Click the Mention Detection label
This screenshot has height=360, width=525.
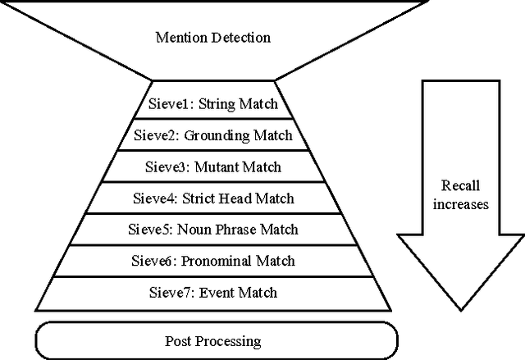pos(213,38)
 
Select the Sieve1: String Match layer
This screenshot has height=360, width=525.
pos(213,104)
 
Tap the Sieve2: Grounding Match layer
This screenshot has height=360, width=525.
pos(213,135)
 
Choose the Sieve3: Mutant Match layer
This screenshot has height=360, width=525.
pos(213,166)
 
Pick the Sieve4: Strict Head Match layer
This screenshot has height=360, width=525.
pos(213,198)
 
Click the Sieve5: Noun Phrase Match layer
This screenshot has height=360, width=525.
pos(213,230)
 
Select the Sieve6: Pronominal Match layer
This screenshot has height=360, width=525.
pos(213,261)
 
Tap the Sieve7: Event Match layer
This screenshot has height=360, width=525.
pos(213,292)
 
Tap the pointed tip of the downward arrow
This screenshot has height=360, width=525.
pos(459,311)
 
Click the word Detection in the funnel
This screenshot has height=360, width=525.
pos(240,38)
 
